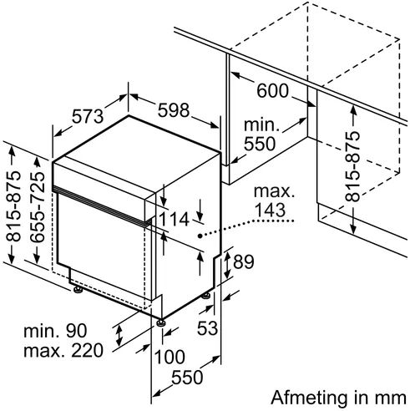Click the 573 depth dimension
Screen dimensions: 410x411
coord(88,116)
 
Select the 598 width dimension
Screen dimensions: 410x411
coord(174,110)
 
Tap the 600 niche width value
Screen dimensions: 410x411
coord(272,91)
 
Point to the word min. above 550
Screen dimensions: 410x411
coord(261,125)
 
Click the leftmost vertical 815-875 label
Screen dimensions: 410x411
coord(13,206)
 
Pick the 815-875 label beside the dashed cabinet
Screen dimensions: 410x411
coord(352,166)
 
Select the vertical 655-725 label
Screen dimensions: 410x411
coord(38,206)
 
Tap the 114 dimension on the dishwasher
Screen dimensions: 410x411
coord(174,219)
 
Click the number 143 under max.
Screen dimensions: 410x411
coord(270,210)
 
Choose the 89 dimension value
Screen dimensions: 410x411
coord(244,261)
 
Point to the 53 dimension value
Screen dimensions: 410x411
coord(207,328)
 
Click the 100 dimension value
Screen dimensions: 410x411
coord(170,357)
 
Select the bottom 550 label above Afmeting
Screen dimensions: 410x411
coord(187,378)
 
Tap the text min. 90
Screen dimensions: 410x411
coord(55,331)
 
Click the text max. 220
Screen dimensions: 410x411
coord(63,351)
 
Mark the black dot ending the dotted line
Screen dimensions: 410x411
coord(200,236)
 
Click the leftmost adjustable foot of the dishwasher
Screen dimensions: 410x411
coord(78,290)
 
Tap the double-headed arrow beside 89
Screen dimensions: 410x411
coord(227,265)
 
